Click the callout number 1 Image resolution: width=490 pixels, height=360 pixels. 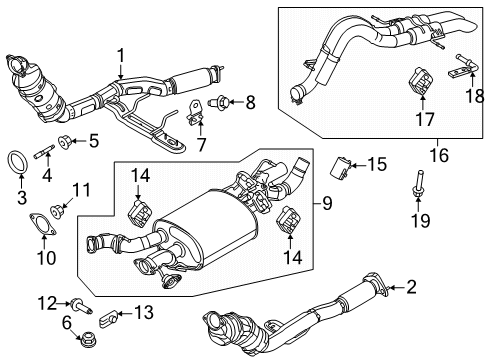coord(119,56)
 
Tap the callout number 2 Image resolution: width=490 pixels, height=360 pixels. coord(410,289)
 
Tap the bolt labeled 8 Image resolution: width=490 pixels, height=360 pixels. coord(221,101)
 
